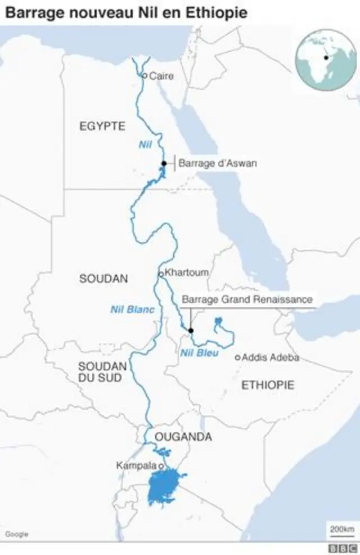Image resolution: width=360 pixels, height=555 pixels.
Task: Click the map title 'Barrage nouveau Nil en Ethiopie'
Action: (x=127, y=12)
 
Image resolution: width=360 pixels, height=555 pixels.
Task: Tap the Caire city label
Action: (x=161, y=76)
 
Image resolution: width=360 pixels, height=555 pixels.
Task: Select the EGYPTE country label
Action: (x=102, y=126)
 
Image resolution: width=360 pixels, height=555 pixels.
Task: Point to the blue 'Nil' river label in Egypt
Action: (x=146, y=145)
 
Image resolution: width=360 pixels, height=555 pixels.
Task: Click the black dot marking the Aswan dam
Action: (x=164, y=163)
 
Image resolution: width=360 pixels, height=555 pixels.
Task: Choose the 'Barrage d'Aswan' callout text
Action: (x=217, y=164)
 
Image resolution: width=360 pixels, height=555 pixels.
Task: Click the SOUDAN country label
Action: (x=103, y=278)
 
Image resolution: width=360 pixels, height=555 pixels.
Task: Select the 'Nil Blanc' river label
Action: (x=132, y=309)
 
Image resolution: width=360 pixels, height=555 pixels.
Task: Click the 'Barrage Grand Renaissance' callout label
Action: (x=247, y=299)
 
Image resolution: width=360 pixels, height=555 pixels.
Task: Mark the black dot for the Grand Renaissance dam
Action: (x=191, y=330)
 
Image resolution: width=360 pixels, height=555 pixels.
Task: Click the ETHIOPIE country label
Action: (x=268, y=385)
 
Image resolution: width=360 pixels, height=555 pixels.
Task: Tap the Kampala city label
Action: (x=136, y=466)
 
